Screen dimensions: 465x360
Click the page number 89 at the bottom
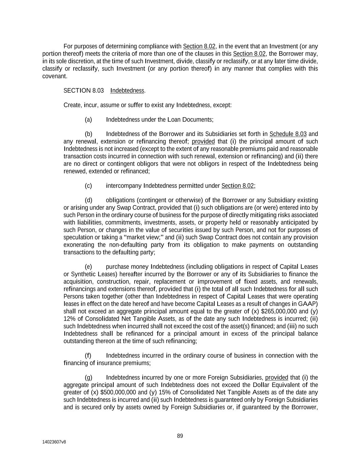pyautogui.click(x=180, y=436)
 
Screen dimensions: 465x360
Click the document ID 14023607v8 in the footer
pyautogui.click(x=54, y=442)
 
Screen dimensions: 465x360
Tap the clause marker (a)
pyautogui.click(x=88, y=120)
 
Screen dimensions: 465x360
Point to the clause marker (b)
pyautogui.click(x=88, y=134)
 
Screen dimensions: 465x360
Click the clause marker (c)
pyautogui.click(x=88, y=186)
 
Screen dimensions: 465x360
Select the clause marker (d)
pyautogui.click(x=88, y=200)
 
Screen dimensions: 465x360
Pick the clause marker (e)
pyautogui.click(x=88, y=267)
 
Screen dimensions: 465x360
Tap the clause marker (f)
pyautogui.click(x=88, y=356)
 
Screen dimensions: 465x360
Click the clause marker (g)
pyautogui.click(x=88, y=377)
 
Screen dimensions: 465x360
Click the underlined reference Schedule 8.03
pyautogui.click(x=288, y=134)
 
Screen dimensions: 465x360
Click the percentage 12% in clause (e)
pyautogui.click(x=69, y=319)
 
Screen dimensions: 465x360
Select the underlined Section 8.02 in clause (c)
pyautogui.click(x=237, y=186)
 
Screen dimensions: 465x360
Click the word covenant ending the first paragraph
pyautogui.click(x=54, y=76)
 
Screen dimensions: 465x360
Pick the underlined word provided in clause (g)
pyautogui.click(x=277, y=377)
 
